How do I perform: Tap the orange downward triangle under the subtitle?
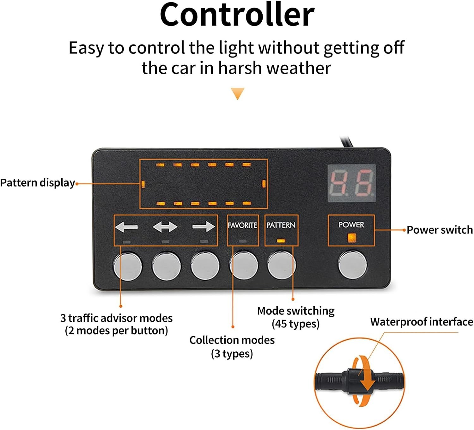pyautogui.click(x=237, y=93)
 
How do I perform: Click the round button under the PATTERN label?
pyautogui.click(x=282, y=265)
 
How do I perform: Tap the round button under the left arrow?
pyautogui.click(x=128, y=266)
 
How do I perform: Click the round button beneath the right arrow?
pyautogui.click(x=205, y=266)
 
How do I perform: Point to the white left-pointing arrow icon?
pyautogui.click(x=126, y=227)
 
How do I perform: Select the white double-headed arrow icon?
pyautogui.click(x=165, y=227)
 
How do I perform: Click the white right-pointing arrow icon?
pyautogui.click(x=204, y=227)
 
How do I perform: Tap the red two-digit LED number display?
pyautogui.click(x=351, y=183)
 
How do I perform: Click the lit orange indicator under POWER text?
pyautogui.click(x=351, y=238)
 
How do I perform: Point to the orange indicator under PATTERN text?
pyautogui.click(x=281, y=241)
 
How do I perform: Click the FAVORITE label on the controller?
pyautogui.click(x=242, y=225)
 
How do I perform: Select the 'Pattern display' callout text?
pyautogui.click(x=38, y=183)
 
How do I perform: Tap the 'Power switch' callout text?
pyautogui.click(x=440, y=230)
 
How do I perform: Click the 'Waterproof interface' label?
pyautogui.click(x=422, y=322)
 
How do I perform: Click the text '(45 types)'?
pyautogui.click(x=295, y=324)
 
